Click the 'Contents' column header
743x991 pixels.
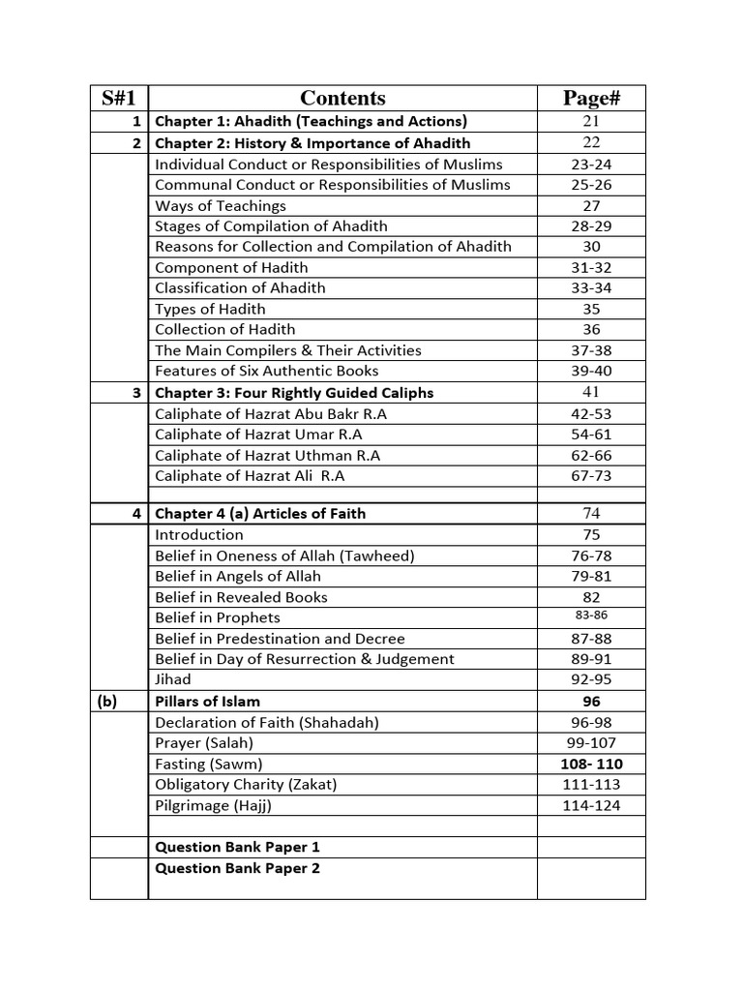tap(342, 98)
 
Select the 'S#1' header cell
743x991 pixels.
tap(119, 98)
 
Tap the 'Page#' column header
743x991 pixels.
tap(591, 98)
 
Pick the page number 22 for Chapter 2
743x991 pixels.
tap(591, 142)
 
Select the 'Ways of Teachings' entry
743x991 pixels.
tap(221, 205)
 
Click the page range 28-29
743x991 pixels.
tap(591, 226)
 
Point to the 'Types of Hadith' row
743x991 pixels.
tap(210, 309)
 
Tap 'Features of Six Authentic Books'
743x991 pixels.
tap(267, 371)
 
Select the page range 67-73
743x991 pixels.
tap(591, 476)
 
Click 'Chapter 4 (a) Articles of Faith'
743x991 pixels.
tap(260, 513)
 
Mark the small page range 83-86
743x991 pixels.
tap(591, 616)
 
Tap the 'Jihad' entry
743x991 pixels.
tap(173, 679)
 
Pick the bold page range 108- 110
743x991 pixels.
tap(591, 764)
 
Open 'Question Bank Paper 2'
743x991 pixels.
tap(238, 868)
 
